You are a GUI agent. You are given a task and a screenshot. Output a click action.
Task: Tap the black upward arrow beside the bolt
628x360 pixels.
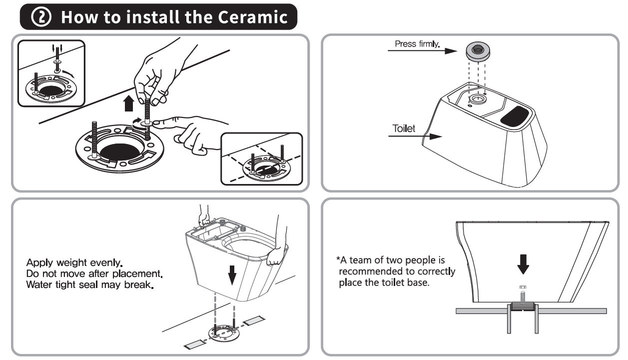coord(129,103)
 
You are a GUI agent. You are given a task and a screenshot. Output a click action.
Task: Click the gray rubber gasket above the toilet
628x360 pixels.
coord(478,49)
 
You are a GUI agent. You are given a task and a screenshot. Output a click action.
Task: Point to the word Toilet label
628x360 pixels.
coord(404,128)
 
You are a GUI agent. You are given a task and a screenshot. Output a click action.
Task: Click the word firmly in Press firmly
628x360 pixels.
coord(428,44)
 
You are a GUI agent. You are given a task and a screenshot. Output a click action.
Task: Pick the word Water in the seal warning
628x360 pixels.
coord(39,286)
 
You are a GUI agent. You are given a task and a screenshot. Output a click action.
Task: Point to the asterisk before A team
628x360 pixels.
coord(338,260)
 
